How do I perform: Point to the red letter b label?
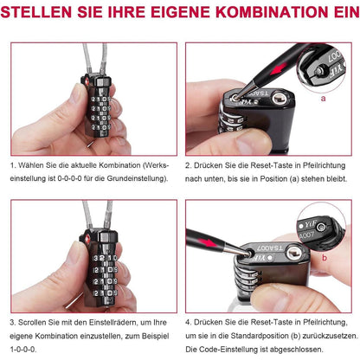(x=322, y=257)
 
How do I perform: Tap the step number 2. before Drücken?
(x=188, y=164)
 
